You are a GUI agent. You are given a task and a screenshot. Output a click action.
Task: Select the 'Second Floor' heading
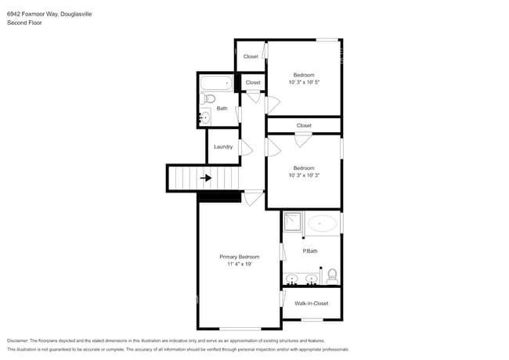coord(24,23)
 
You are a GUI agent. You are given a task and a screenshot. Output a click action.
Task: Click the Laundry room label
coord(222,146)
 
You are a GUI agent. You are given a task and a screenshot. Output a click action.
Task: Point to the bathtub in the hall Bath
coord(216,82)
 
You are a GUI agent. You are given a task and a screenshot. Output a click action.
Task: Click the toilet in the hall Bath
coord(209,99)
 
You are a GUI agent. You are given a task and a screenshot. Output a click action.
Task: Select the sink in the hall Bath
coord(204,117)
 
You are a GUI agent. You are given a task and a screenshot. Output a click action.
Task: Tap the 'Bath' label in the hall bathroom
coord(222,109)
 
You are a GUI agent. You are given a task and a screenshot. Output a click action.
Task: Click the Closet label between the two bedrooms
coord(304,125)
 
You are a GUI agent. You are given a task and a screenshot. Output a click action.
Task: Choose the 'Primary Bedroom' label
coord(239,257)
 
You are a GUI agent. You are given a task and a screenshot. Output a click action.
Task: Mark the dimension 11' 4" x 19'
coord(239,265)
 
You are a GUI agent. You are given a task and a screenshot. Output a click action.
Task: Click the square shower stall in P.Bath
coord(293,222)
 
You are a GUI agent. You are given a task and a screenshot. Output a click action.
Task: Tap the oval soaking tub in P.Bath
coord(322,224)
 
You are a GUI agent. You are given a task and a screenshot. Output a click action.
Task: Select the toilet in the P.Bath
coord(332,275)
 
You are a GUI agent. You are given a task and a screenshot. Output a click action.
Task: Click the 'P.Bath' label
coord(310,250)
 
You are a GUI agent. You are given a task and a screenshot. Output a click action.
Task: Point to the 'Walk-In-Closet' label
coord(311,303)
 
